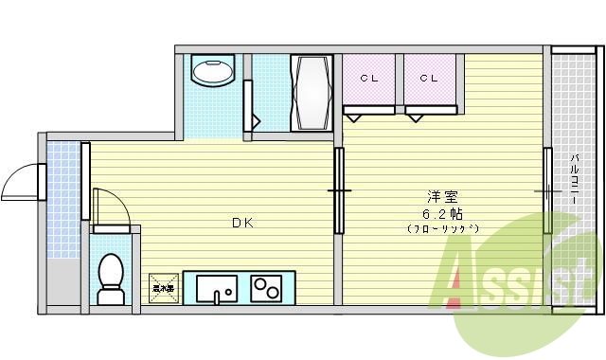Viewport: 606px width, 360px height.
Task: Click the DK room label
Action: pos(242,224)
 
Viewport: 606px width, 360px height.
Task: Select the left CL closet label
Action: pos(369,79)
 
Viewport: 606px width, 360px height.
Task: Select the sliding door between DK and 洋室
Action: pos(339,190)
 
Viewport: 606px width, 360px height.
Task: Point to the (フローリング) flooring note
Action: pos(443,229)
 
